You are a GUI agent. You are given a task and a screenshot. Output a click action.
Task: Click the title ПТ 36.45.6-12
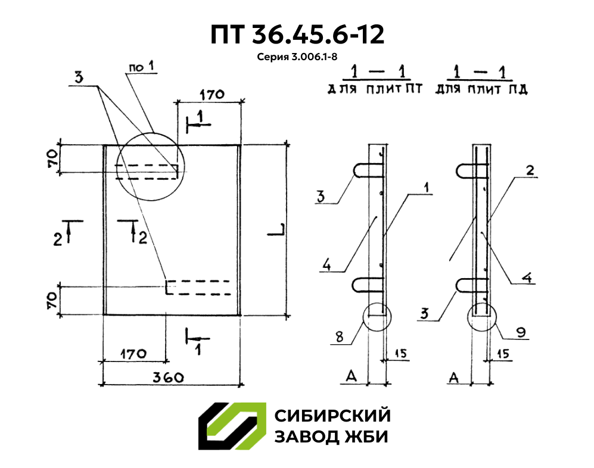click(297, 35)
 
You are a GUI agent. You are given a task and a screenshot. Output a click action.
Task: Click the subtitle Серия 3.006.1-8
click(297, 58)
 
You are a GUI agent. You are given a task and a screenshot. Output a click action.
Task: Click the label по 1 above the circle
click(141, 67)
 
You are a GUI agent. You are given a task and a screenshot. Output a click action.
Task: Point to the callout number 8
click(340, 337)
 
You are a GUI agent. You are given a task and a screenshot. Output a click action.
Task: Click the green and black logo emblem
click(232, 426)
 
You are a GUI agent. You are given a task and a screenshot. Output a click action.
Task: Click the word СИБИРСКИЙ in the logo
click(332, 415)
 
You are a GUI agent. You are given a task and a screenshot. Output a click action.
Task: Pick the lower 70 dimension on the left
click(52, 299)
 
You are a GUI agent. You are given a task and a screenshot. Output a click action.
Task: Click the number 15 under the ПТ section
click(400, 354)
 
